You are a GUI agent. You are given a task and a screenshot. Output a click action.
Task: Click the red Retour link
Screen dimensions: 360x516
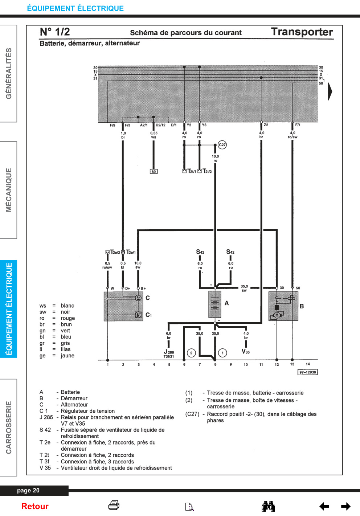(x=35, y=506)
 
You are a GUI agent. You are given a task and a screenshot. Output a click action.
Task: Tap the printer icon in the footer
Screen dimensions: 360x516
(x=114, y=505)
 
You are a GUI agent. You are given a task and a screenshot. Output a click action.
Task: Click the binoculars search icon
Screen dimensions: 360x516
(x=268, y=506)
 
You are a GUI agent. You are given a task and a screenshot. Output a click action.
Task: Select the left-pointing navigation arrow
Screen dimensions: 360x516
(x=324, y=506)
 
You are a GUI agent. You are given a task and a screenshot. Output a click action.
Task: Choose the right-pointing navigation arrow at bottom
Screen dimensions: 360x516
(x=346, y=506)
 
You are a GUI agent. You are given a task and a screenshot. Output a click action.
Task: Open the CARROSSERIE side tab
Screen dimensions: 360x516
(x=8, y=427)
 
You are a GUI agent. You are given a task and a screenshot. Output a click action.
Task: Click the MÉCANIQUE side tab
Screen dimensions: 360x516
(x=8, y=190)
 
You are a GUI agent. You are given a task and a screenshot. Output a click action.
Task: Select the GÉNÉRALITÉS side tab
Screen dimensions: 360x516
(x=8, y=74)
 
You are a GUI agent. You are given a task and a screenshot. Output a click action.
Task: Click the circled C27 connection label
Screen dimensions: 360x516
(x=222, y=145)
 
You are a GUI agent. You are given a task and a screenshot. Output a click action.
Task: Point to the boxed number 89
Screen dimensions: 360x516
(x=154, y=172)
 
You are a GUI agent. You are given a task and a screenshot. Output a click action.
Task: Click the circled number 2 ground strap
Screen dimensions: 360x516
(x=191, y=353)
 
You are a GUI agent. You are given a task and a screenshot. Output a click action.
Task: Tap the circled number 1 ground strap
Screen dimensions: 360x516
(x=222, y=353)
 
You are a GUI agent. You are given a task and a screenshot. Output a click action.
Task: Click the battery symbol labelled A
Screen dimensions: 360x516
(x=215, y=304)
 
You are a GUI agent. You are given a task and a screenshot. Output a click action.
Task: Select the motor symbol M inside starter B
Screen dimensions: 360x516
(x=277, y=315)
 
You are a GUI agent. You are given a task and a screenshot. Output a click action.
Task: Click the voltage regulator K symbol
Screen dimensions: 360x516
(x=138, y=315)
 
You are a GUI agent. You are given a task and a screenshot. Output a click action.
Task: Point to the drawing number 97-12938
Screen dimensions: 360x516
(x=307, y=372)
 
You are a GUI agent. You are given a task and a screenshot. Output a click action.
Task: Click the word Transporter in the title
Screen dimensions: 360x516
(x=302, y=32)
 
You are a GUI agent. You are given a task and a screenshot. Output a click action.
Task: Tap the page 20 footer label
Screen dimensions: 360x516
(x=28, y=491)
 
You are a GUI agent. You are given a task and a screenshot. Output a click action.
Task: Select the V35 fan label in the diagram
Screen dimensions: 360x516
(x=246, y=352)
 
